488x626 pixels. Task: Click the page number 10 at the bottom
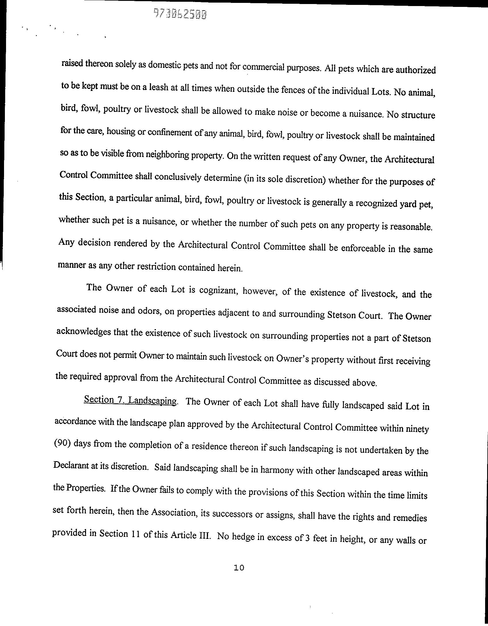tap(239, 568)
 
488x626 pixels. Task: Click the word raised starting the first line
tap(72, 63)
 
